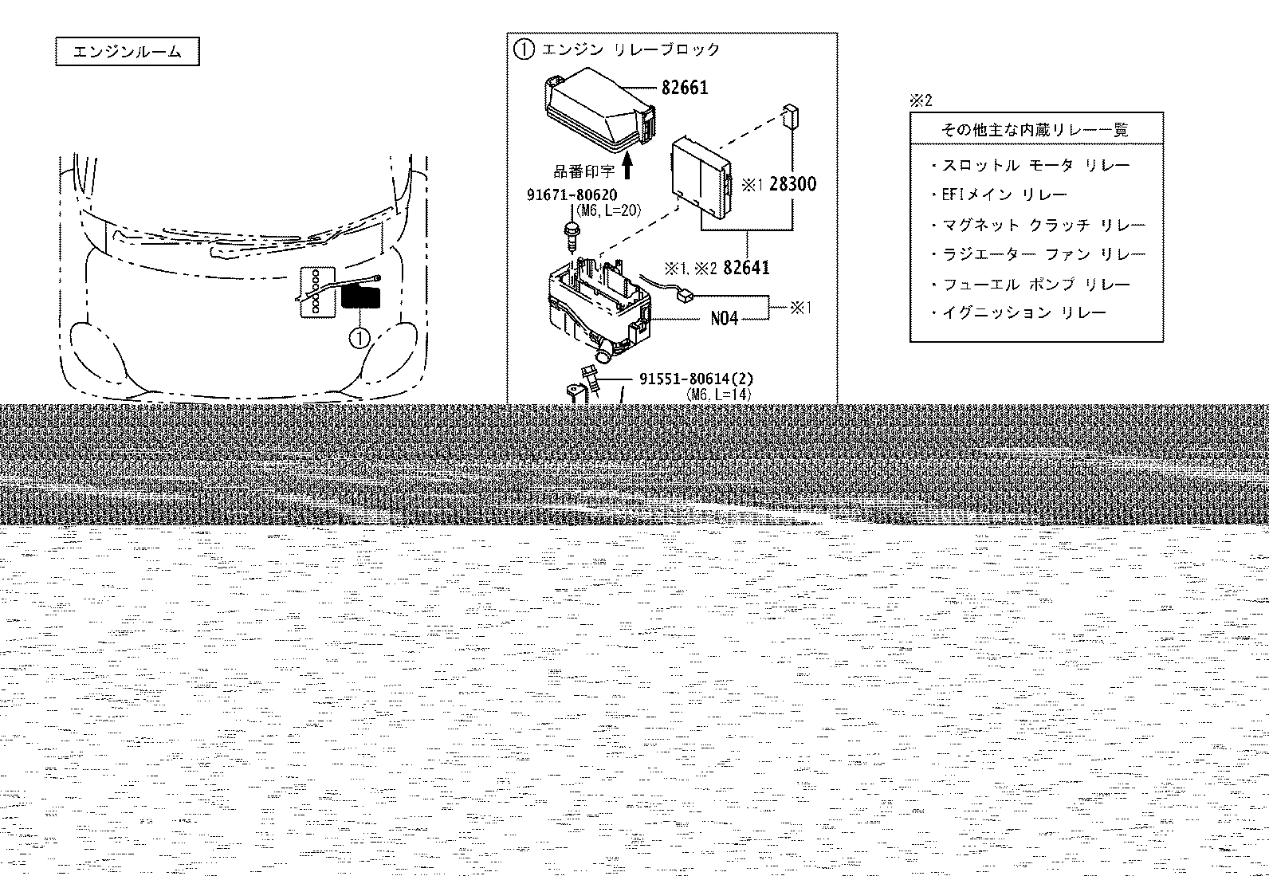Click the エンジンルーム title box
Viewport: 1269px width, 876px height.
coord(128,52)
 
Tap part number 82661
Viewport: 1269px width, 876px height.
coord(685,88)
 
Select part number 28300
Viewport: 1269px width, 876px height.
coord(792,184)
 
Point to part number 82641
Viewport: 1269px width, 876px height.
coord(746,268)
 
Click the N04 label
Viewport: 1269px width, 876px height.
coord(724,319)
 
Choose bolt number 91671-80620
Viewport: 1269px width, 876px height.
coord(572,195)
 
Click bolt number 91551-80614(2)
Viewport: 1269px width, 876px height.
coord(696,379)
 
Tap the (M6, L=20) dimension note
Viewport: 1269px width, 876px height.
coord(608,210)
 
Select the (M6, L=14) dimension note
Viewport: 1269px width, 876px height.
coord(718,395)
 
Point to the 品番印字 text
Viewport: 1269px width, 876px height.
coord(584,171)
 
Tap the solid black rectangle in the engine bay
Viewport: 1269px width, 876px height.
coord(361,297)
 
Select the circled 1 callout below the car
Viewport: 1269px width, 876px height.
coord(359,339)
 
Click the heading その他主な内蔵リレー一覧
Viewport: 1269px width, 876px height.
coord(1035,130)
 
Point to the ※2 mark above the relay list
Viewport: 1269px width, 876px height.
coord(921,101)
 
